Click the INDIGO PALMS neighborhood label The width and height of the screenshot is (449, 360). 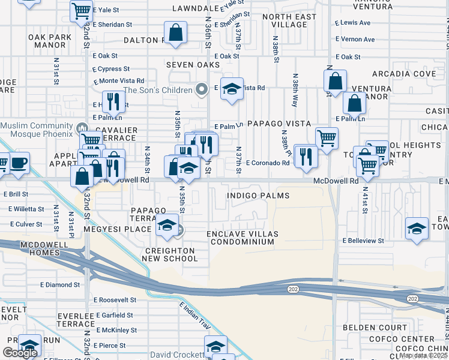tap(258, 196)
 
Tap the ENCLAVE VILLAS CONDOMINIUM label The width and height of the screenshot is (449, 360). tap(240, 238)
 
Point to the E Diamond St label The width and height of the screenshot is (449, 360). tap(60, 284)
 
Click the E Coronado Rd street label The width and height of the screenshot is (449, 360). tap(267, 163)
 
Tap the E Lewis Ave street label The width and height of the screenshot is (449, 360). tap(353, 22)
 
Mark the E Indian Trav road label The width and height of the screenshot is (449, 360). tap(195, 316)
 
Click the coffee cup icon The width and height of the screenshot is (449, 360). tap(19, 163)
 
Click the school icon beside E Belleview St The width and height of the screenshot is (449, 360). tap(417, 229)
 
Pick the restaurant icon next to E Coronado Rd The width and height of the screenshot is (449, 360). tap(307, 156)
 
